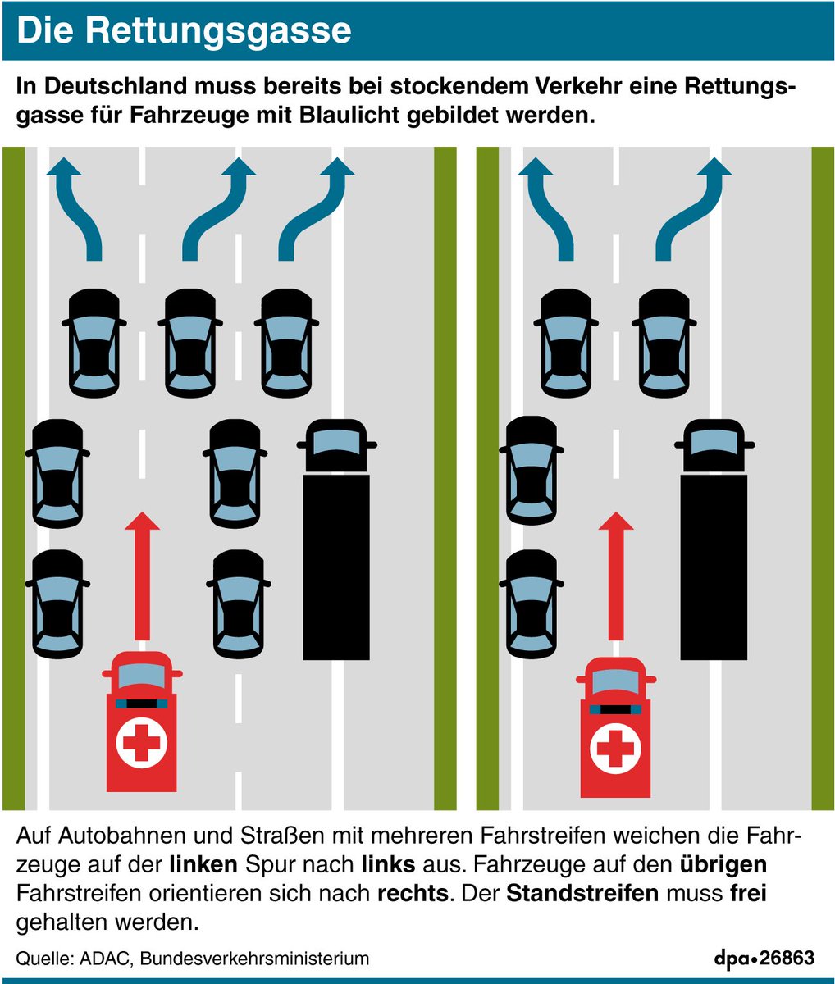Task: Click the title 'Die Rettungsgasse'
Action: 184,30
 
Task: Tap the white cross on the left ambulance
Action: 141,742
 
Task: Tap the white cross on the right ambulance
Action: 615,748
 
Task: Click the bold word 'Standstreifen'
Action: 582,893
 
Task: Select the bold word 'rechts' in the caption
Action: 413,893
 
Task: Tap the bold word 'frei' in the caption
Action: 747,893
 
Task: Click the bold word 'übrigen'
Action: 723,864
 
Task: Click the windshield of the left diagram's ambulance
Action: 142,677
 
